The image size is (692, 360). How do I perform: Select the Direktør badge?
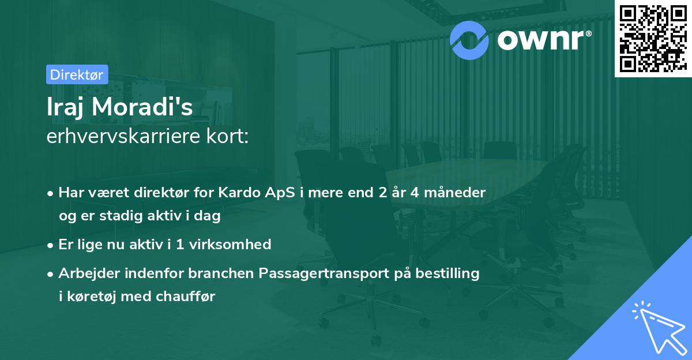click(77, 74)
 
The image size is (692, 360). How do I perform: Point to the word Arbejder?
click(85, 273)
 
